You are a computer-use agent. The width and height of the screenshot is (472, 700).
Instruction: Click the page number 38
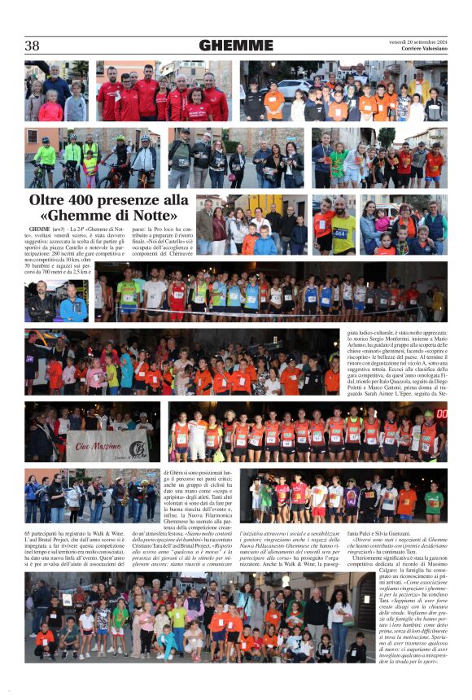coord(32,46)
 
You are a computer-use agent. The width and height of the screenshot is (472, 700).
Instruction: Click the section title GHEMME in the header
coord(235,46)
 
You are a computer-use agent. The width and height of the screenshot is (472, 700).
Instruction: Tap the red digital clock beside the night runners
coord(440,413)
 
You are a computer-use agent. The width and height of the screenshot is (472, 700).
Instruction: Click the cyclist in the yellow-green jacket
coord(46,155)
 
